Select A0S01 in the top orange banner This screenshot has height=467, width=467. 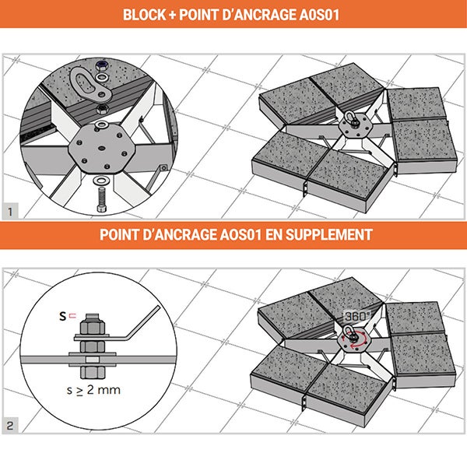click(x=317, y=14)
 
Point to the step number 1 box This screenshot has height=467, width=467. click(x=9, y=211)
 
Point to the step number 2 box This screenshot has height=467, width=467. click(x=9, y=426)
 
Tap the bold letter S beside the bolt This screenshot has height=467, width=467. click(x=65, y=316)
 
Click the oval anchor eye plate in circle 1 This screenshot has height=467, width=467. click(x=87, y=83)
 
